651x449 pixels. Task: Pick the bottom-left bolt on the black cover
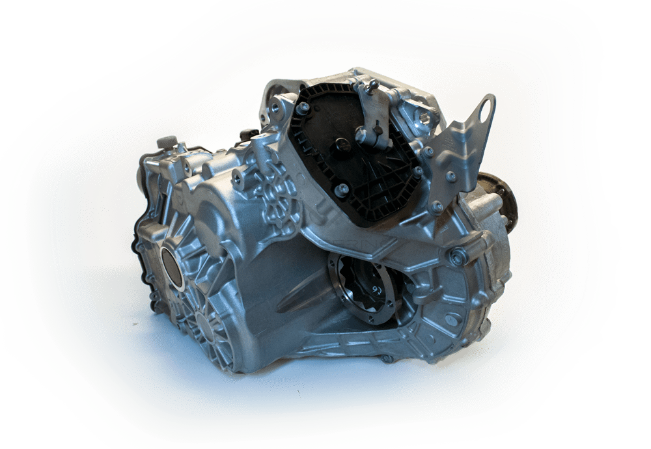click(x=340, y=190)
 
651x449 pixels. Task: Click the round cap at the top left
click(x=167, y=142)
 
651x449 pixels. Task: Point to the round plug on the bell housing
click(x=450, y=320)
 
